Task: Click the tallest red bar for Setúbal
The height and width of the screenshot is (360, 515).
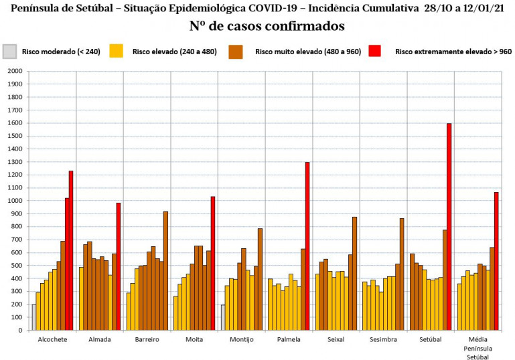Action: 449,227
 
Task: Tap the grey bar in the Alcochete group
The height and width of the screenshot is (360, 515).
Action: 33,317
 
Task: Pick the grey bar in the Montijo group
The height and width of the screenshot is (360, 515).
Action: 223,317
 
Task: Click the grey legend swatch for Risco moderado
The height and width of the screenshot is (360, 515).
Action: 9,51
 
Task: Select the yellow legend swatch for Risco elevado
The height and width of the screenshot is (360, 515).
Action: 117,51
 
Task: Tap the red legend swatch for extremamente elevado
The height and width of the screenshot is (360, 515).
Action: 375,51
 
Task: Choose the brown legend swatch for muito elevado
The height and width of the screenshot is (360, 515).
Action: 236,51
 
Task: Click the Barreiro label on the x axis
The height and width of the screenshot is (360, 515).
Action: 147,340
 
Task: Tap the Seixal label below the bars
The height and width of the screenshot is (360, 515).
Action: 337,340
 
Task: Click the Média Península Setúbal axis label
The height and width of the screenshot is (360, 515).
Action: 478,348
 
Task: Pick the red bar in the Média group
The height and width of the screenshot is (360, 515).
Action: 496,261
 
